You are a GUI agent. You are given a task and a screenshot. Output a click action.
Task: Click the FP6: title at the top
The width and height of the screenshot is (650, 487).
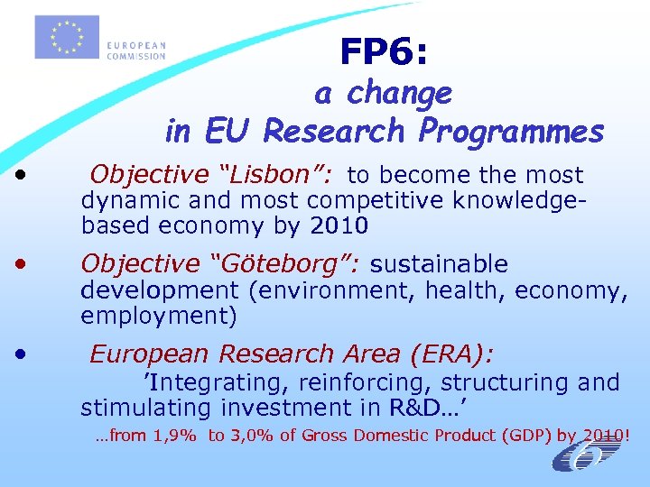tap(385, 52)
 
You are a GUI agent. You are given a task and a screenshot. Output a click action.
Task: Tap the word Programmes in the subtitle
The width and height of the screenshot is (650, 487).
tap(512, 132)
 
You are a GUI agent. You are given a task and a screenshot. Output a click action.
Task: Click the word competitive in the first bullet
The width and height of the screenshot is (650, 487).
tap(385, 198)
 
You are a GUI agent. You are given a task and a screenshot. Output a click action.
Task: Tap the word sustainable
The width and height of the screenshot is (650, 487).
tap(439, 264)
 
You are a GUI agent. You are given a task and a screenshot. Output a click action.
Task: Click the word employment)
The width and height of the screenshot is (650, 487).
tap(159, 316)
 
